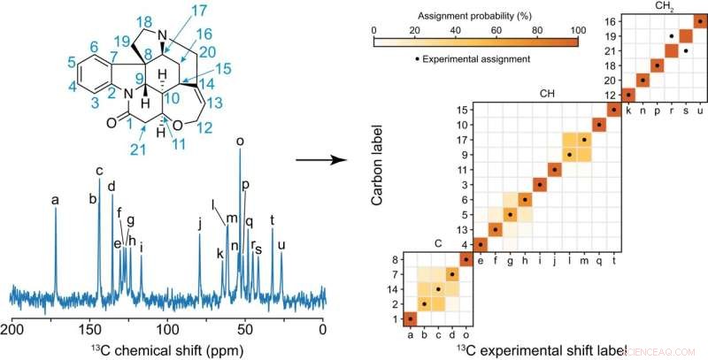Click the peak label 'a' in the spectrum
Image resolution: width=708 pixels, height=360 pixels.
coord(55,201)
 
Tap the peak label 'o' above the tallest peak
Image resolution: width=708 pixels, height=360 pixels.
coord(240,141)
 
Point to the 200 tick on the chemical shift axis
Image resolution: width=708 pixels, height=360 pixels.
coord(12,329)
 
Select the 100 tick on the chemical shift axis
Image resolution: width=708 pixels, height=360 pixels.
coord(167,329)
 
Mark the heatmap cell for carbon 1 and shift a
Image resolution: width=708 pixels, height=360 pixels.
coord(410,318)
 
